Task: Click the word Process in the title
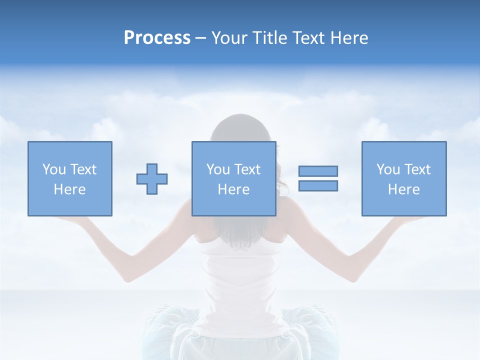coord(157,38)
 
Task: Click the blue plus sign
coord(152,178)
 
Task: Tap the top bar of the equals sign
coord(318,171)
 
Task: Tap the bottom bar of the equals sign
coord(318,185)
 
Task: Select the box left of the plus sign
coord(70,178)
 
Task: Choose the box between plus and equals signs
coord(234,178)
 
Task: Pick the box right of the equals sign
coord(404,178)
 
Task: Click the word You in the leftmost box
coord(54,169)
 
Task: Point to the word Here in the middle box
coord(234,189)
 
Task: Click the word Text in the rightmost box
coord(417,169)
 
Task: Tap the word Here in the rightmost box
coord(404,189)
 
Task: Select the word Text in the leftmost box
coord(83,169)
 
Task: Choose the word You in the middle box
coord(218,169)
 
